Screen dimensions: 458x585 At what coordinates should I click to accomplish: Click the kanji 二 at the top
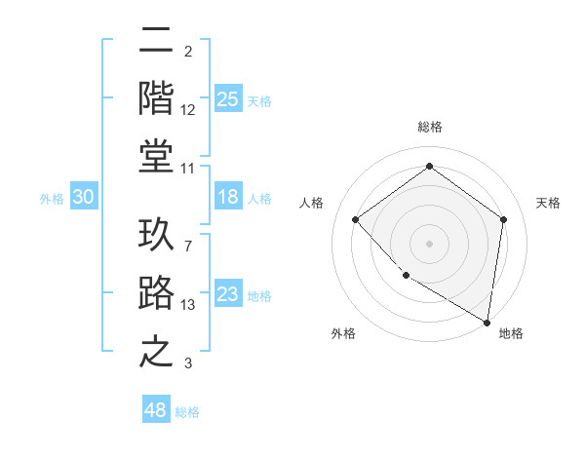click(157, 42)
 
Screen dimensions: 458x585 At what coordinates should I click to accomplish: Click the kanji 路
click(157, 292)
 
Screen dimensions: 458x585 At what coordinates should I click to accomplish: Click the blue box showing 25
click(227, 98)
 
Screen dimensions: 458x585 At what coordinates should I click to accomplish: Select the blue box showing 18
click(227, 197)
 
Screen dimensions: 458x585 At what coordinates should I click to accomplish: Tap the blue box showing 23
click(227, 294)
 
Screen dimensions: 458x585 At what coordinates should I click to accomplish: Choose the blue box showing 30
click(83, 197)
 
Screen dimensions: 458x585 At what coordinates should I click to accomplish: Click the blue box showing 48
click(156, 410)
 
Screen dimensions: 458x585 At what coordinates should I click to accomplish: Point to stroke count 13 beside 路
click(188, 305)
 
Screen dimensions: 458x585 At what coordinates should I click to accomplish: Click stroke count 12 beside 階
click(188, 110)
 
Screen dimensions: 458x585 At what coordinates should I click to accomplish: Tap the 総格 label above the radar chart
click(429, 127)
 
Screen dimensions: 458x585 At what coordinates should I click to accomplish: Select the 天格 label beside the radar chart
click(548, 203)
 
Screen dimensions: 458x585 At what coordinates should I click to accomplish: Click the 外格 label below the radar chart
click(342, 333)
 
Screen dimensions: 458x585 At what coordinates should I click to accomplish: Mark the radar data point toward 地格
click(487, 322)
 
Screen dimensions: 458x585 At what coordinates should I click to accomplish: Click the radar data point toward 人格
click(356, 219)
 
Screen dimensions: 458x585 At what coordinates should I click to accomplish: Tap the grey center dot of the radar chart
click(429, 243)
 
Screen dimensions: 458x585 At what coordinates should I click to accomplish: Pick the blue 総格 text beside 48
click(187, 412)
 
